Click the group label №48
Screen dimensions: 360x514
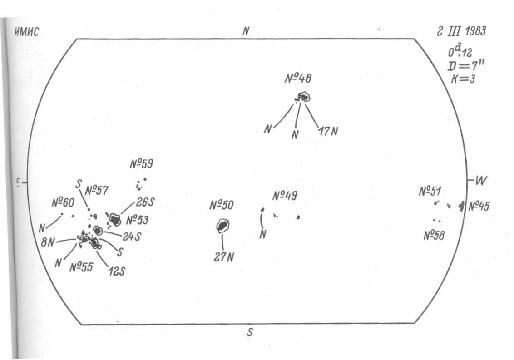[x=298, y=78]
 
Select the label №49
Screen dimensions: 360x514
[x=285, y=196]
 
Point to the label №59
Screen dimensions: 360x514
[x=142, y=164]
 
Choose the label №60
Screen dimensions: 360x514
[x=63, y=202]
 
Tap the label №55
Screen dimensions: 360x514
[x=81, y=266]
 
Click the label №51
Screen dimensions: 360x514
[x=430, y=191]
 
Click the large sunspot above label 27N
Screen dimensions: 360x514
[x=222, y=225]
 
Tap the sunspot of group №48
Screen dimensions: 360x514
[x=303, y=97]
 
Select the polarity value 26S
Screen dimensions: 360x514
[x=145, y=202]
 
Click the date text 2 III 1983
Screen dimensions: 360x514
[x=460, y=32]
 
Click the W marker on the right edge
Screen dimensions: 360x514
[x=480, y=181]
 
